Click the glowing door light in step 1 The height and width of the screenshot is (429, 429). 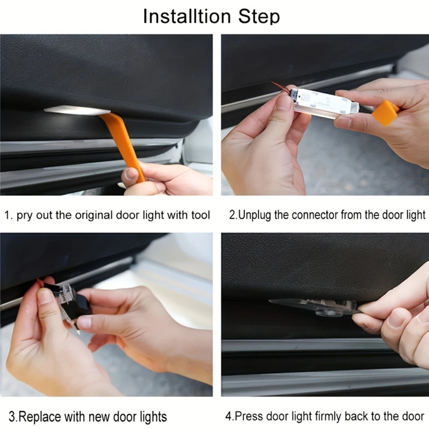coord(77,110)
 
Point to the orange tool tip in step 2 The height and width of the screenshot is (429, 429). coord(385,113)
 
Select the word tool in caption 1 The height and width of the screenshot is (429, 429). coord(200,215)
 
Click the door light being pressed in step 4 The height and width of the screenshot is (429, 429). coord(314,306)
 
